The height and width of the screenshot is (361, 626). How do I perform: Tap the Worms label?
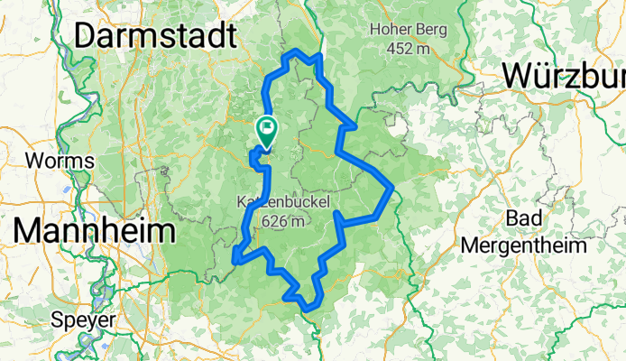coord(60,162)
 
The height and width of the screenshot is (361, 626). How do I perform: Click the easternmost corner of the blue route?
coord(392,188)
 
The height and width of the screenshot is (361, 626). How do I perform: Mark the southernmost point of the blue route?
coord(309,310)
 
